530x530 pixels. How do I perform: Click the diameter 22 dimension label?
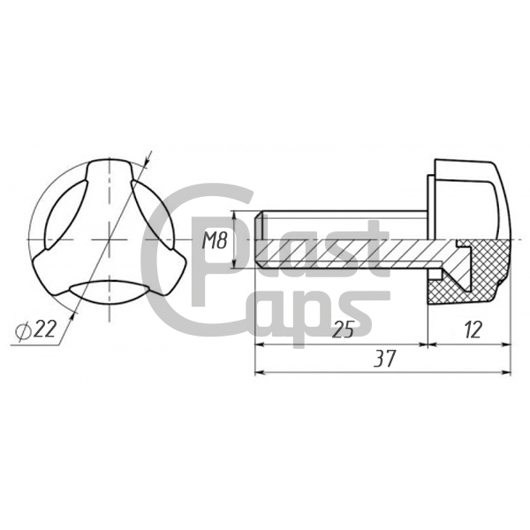coord(35,329)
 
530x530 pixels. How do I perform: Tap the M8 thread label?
coord(215,240)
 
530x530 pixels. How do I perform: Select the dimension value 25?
coord(343,329)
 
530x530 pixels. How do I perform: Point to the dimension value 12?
coord(473,329)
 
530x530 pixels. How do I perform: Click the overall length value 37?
coord(384,359)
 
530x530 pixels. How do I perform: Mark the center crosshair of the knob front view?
coord(109,240)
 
